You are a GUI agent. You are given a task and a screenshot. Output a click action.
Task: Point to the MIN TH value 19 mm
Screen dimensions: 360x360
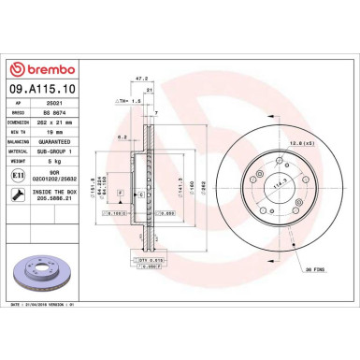50,135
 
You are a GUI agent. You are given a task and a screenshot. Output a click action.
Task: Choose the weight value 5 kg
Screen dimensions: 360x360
49,161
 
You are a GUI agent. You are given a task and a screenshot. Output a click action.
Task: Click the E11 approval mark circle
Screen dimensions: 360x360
18,175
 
